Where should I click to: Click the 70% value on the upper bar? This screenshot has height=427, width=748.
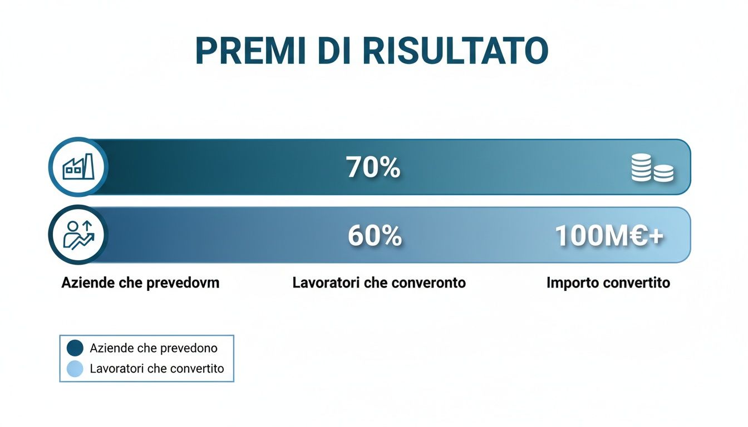tap(373, 167)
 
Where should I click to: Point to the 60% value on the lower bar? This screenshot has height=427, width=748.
tap(375, 236)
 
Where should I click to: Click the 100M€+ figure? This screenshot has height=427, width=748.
tap(609, 236)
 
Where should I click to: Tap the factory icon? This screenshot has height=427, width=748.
tap(78, 167)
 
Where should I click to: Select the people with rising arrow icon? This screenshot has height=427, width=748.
tap(78, 235)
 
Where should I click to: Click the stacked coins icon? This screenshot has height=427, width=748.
tap(652, 168)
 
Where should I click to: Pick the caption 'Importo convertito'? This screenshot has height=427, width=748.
tap(608, 282)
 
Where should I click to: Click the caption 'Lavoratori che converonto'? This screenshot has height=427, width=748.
tap(379, 282)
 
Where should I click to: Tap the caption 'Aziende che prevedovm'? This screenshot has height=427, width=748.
tap(140, 282)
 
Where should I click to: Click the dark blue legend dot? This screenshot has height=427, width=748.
tap(75, 348)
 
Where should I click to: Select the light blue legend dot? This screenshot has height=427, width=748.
tap(75, 368)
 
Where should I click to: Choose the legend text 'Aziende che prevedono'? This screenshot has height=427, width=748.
tap(153, 348)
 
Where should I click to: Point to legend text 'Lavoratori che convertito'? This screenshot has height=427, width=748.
tap(156, 368)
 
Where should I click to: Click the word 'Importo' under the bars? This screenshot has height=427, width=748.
tap(572, 282)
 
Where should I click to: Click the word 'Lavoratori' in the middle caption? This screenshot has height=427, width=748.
tap(326, 282)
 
